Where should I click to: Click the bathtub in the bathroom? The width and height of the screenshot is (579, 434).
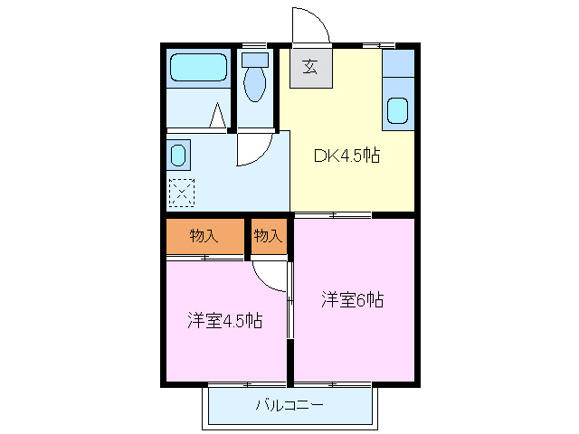click(x=198, y=69)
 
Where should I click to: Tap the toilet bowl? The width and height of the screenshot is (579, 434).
click(x=255, y=85)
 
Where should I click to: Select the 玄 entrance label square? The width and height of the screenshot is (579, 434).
click(x=310, y=67)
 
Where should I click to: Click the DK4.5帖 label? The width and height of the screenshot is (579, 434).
click(x=346, y=156)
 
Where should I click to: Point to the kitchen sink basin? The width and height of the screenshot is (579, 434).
click(x=398, y=109)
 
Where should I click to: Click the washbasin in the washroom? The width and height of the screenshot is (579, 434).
click(x=178, y=155)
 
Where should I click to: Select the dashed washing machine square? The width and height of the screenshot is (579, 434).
click(x=181, y=192)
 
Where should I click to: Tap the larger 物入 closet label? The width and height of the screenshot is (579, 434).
click(x=204, y=237)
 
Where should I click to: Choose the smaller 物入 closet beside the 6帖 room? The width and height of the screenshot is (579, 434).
click(x=268, y=237)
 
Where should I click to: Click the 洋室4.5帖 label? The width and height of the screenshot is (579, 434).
click(x=225, y=321)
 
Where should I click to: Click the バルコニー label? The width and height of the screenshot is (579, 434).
click(x=289, y=406)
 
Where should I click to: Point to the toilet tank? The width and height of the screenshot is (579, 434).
click(x=256, y=60)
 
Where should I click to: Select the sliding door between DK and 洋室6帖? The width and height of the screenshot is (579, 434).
click(x=333, y=214)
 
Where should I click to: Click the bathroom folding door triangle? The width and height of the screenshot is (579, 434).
click(x=217, y=117)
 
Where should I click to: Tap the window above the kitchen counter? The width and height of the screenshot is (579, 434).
click(x=378, y=45)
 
